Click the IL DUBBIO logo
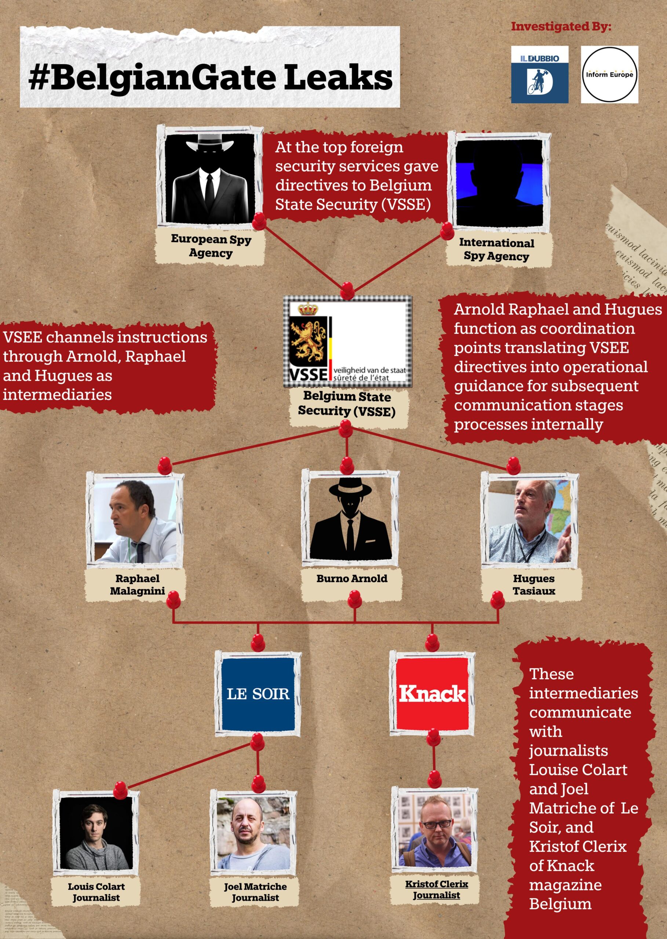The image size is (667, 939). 539,74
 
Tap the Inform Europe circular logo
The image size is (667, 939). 609,74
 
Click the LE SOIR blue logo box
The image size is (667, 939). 258,694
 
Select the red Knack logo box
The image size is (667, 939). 432,693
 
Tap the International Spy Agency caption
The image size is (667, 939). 496,249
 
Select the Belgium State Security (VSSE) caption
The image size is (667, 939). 347,403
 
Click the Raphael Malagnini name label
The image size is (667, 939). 137,584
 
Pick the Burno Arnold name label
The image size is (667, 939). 351,578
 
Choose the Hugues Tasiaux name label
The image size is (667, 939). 533,584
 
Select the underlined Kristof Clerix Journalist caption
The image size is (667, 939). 437,889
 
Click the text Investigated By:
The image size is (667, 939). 561,27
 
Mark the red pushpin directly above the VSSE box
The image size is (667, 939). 347,289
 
